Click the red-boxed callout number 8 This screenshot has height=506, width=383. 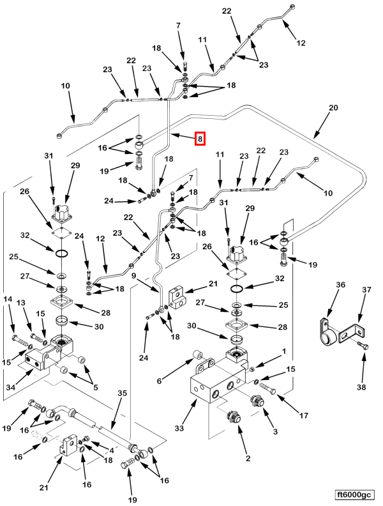point(200,139)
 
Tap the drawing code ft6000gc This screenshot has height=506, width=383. point(354,494)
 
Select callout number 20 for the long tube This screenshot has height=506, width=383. point(333,109)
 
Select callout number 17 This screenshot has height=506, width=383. point(304,416)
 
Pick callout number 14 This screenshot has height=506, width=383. point(8,299)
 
